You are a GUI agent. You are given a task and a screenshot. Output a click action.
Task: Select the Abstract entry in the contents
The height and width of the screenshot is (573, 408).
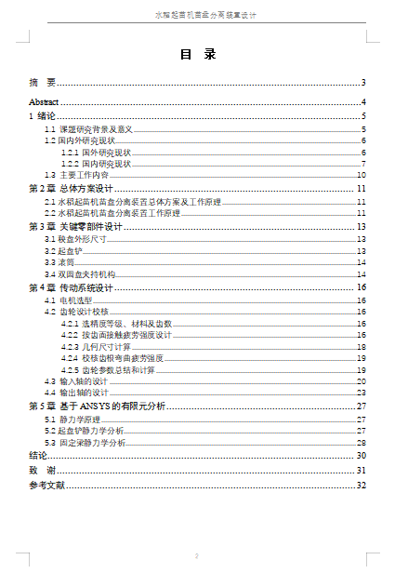pyautogui.click(x=44, y=101)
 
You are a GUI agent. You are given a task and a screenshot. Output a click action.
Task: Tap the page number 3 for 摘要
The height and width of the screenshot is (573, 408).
pyautogui.click(x=363, y=83)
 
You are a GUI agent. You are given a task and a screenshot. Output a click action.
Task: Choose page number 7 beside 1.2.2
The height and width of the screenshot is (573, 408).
pyautogui.click(x=362, y=164)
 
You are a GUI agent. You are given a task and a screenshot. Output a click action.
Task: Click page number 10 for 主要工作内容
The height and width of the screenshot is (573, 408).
pyautogui.click(x=361, y=175)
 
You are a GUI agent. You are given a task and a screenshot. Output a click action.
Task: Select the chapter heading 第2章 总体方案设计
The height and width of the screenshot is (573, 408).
pyautogui.click(x=71, y=189)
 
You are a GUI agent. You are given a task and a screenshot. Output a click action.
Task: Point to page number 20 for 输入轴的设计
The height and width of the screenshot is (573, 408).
pyautogui.click(x=361, y=381)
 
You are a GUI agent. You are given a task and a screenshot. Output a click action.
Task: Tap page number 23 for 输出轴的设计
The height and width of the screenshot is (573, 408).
pyautogui.click(x=361, y=393)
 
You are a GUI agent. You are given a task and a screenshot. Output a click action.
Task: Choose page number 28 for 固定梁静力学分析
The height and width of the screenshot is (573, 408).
pyautogui.click(x=361, y=443)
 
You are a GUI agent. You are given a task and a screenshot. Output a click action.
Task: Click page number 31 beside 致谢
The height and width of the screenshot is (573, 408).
pyautogui.click(x=362, y=471)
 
